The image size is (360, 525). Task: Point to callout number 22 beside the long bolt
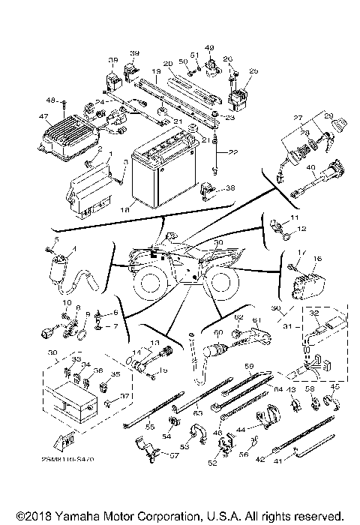point(233,152)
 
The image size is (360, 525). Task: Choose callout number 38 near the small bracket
point(230,187)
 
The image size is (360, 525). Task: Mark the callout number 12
point(302,228)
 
